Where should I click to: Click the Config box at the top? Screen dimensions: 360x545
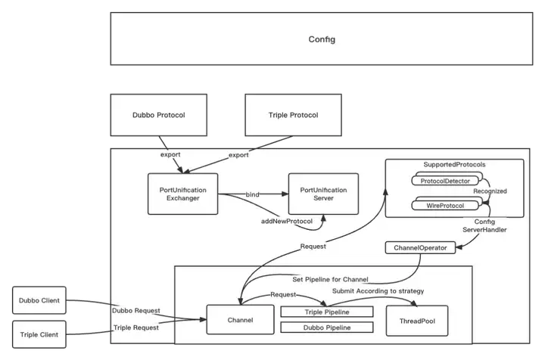tap(322, 39)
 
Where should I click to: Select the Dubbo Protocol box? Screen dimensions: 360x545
tap(159, 115)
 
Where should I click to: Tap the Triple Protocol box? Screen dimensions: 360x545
tap(294, 115)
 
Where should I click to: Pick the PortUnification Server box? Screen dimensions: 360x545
tap(324, 194)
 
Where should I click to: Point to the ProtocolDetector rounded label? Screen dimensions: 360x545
tap(446, 181)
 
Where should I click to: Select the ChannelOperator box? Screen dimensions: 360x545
tap(420, 247)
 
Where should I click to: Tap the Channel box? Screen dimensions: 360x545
tap(239, 319)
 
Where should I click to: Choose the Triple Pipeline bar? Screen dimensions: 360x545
tap(326, 312)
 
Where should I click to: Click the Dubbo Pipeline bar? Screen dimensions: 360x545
tap(326, 327)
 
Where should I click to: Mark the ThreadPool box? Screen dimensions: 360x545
tap(417, 319)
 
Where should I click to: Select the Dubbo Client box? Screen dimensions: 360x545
tap(40, 300)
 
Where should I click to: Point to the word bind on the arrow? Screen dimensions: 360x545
tap(252, 195)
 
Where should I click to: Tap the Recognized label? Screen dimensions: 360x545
tap(489, 191)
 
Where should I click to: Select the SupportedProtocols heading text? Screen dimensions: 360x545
tap(455, 165)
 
